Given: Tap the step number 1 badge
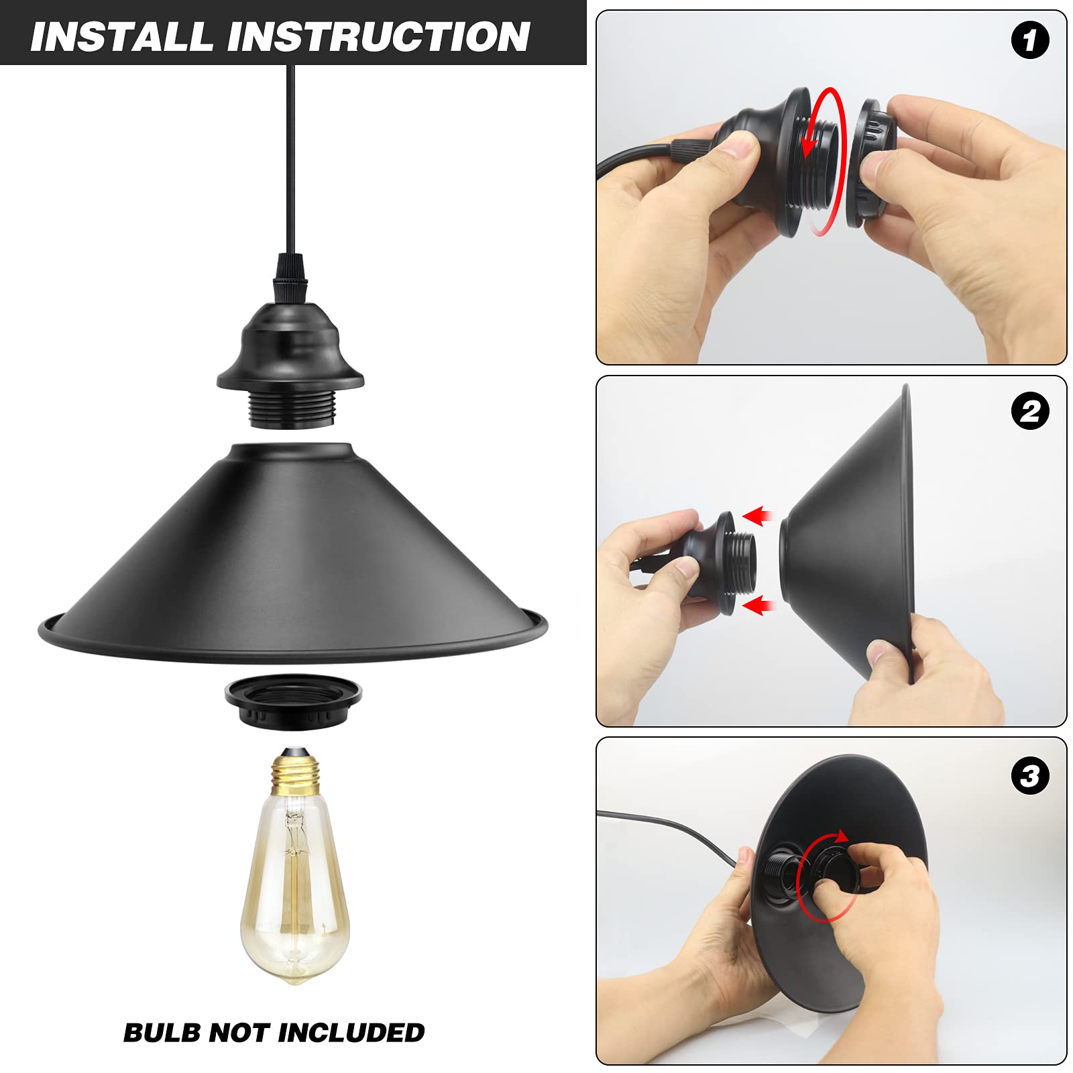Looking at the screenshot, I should click(x=1029, y=40).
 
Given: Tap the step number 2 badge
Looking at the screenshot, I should click(x=1029, y=411).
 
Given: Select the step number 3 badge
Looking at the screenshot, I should click(x=1029, y=776).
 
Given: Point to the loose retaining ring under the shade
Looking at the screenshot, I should click(x=293, y=701).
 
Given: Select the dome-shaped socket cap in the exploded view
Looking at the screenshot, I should click(x=290, y=349).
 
